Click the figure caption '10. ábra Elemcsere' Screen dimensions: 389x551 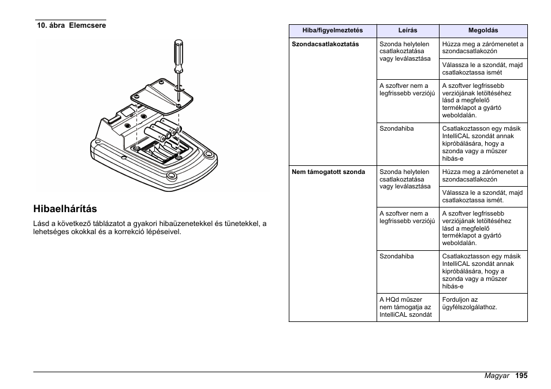pos(71,25)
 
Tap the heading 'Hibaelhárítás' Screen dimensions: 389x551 pos(65,208)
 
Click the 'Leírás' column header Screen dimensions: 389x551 pos(408,31)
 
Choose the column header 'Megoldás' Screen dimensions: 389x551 pos(483,31)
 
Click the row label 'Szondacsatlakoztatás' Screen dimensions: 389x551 pos(325,44)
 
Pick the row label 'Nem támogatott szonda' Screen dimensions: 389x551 pos(328,172)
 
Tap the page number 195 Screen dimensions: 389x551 pos(522,376)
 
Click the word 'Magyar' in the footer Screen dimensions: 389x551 pos(497,376)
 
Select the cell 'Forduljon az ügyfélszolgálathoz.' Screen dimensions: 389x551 pos(470,304)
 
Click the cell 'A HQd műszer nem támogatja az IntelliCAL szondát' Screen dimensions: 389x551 pos(405,308)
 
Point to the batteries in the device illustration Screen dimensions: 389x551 pos(165,130)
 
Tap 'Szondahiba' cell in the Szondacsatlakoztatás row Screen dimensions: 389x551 pos(396,128)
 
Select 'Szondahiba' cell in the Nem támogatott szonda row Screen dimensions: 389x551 pos(396,256)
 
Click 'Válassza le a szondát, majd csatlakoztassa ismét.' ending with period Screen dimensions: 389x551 pos(482,197)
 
